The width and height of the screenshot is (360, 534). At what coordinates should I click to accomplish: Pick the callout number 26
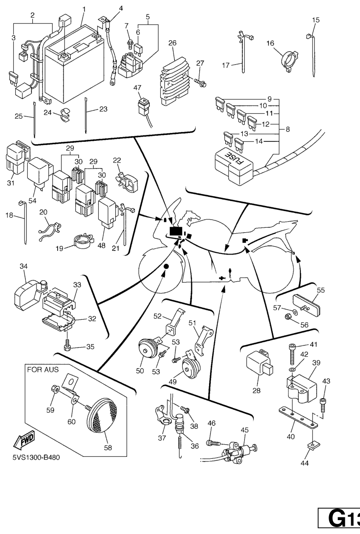point(172,43)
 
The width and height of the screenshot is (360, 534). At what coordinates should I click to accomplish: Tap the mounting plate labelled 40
point(296,414)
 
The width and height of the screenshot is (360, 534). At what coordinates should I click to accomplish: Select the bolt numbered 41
point(292,354)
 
